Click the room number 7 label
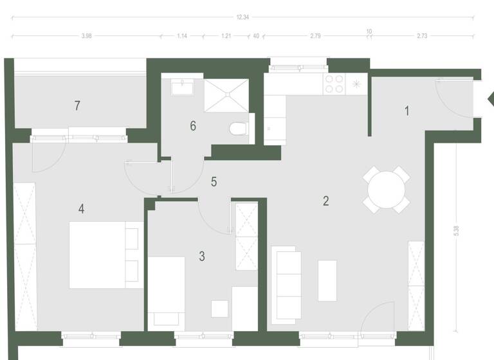pos(77,105)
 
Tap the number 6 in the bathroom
pos(193,125)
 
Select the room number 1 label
pos(407,111)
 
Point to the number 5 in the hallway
pos(214,182)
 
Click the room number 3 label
pos(202,256)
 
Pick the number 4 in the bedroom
pos(82,208)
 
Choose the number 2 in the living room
pos(326,201)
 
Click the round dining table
pos(387,190)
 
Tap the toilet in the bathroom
pos(239,129)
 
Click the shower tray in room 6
pos(226,95)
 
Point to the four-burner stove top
pos(334,84)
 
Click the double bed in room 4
pos(104,255)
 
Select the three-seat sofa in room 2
pos(288,283)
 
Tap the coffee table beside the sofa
pos(327,280)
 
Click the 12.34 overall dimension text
pos(242,17)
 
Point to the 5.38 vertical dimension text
pos(456,230)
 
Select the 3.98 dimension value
pos(87,37)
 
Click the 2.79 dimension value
pos(315,37)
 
